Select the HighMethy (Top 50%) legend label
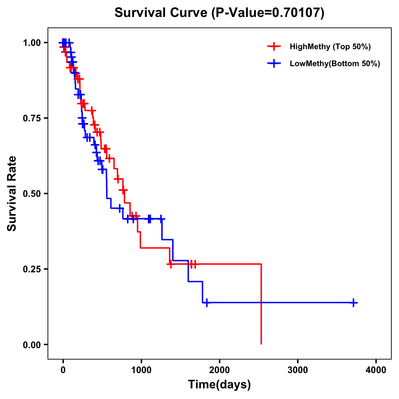coord(330,47)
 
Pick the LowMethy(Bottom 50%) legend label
coord(335,64)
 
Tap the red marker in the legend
coord(273,47)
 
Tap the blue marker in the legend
coord(273,64)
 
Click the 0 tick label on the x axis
coord(63,370)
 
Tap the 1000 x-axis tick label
coord(141,370)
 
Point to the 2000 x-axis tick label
coord(219,370)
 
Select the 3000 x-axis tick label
coord(298,370)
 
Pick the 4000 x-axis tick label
coord(376,370)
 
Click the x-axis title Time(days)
coord(219,385)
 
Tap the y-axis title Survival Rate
coord(12,194)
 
